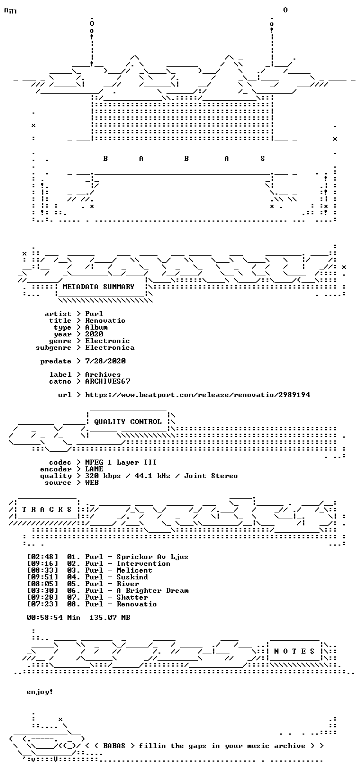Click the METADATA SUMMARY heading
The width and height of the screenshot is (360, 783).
tap(98, 287)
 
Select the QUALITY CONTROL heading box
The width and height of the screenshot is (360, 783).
tap(128, 421)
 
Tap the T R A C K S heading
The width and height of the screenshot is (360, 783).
tap(47, 509)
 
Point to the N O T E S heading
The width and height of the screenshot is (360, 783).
tap(294, 651)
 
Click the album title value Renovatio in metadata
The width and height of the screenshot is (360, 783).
tap(105, 321)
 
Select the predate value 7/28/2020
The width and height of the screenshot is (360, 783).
tap(105, 361)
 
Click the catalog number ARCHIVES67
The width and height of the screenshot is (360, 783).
tap(107, 381)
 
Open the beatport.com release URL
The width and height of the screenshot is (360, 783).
tap(197, 395)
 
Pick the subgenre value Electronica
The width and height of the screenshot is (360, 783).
tap(110, 348)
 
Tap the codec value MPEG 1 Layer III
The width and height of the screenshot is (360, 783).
tap(121, 462)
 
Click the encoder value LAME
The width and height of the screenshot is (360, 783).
tap(94, 469)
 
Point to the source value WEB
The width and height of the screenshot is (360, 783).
tap(92, 483)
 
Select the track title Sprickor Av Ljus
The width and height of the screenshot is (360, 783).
tap(152, 557)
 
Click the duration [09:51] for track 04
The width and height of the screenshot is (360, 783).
tap(43, 577)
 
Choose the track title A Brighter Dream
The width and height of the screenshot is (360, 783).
tap(152, 591)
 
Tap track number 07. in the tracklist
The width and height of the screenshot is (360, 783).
tap(74, 597)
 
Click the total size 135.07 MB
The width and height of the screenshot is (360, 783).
tap(110, 618)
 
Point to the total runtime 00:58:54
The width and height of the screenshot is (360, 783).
tap(45, 618)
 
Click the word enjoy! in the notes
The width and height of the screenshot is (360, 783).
tap(40, 692)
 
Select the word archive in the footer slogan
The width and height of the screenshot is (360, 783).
tap(290, 746)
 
